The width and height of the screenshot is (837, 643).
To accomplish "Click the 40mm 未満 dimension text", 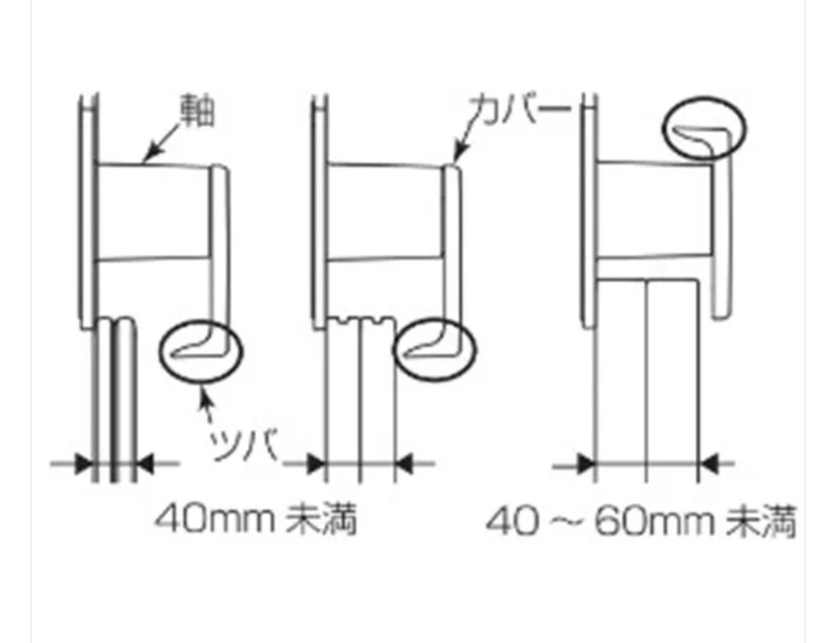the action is click(x=256, y=519).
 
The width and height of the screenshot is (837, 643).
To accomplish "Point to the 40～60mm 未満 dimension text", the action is click(x=641, y=521).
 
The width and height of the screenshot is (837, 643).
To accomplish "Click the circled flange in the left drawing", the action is click(x=201, y=350).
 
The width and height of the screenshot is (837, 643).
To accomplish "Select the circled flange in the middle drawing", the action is click(x=435, y=350).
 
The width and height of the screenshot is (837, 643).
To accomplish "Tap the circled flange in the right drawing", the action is click(x=704, y=128).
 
